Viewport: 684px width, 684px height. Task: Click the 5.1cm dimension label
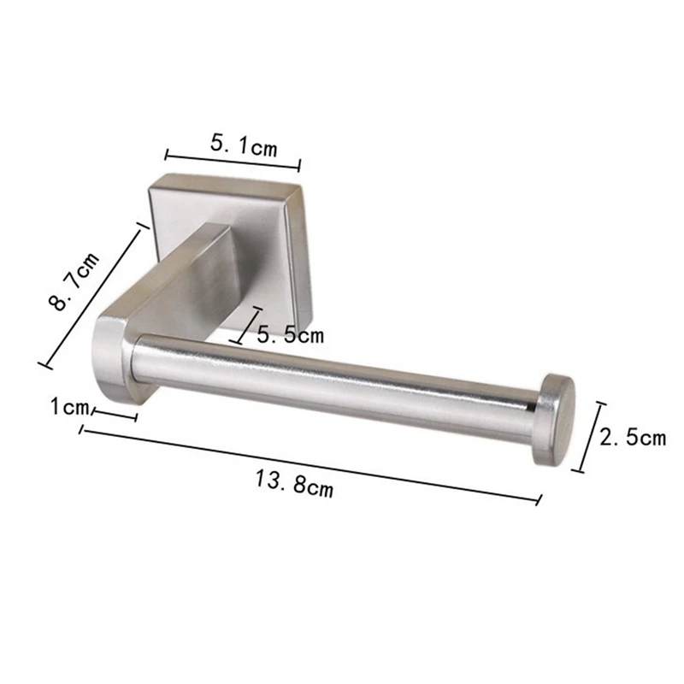244,145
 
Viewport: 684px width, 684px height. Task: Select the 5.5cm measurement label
291,335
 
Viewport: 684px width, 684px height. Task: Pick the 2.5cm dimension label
632,438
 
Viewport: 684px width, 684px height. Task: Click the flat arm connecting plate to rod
184,274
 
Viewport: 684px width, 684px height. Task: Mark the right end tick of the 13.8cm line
539,499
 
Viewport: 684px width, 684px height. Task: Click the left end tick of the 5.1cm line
166,156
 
